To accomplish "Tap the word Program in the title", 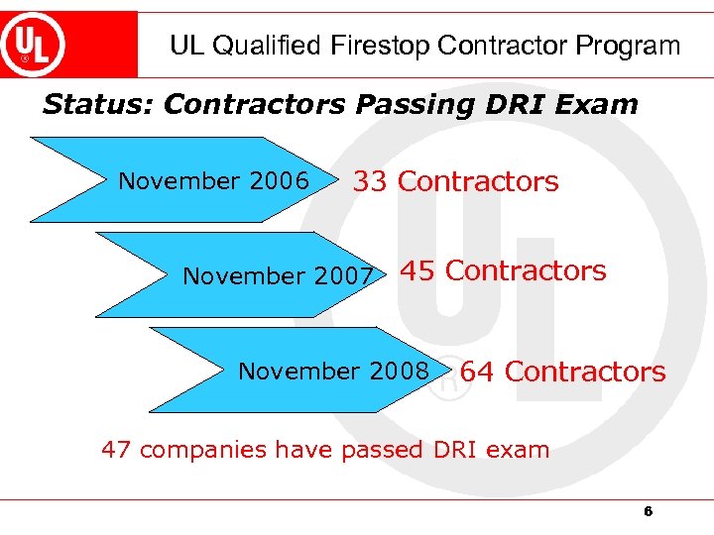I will [x=636, y=46].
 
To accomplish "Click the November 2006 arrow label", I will [x=213, y=181].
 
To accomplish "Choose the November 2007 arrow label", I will [x=278, y=275].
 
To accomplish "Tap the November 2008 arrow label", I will [x=333, y=372].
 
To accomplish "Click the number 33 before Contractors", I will [x=371, y=181].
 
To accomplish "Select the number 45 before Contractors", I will [x=417, y=270].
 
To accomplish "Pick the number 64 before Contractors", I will [x=478, y=372].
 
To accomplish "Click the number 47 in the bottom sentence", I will [x=116, y=450].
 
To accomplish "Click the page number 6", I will [x=648, y=512].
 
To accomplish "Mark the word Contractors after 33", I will [x=478, y=181].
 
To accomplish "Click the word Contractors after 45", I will [x=526, y=270].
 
